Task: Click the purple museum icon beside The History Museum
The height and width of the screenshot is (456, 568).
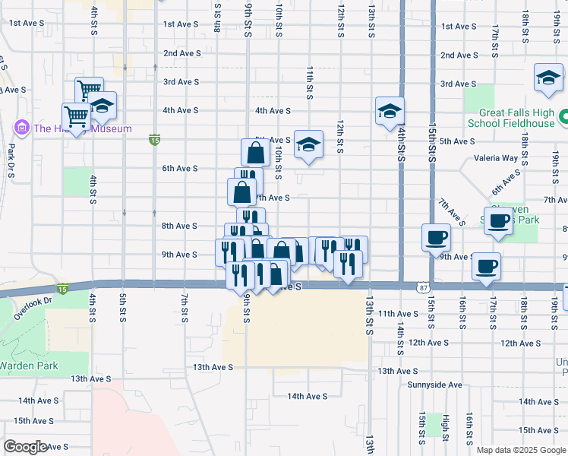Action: click(21, 128)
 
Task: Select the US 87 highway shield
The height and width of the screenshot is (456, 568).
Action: click(423, 287)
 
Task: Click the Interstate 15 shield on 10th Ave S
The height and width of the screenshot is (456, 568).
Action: click(62, 289)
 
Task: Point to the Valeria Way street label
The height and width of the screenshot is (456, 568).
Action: click(495, 159)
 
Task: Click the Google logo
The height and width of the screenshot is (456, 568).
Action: click(25, 447)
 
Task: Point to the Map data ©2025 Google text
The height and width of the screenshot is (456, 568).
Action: click(520, 450)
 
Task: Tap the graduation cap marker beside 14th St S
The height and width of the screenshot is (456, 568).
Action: click(389, 111)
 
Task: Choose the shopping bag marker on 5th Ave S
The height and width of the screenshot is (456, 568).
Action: click(256, 153)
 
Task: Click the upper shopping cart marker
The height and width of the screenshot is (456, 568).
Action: click(89, 90)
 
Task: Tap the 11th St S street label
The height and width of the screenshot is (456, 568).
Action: click(310, 82)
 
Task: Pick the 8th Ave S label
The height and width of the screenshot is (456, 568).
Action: click(181, 226)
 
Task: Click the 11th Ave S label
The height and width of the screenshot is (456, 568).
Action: click(398, 314)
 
